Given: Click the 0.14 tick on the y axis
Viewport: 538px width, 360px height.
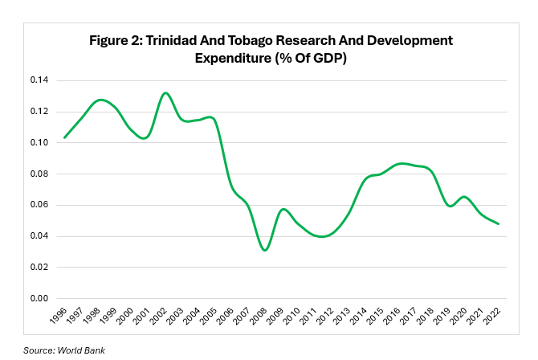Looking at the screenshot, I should point(38,80).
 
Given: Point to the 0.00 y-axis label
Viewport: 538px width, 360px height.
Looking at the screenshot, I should point(38,298).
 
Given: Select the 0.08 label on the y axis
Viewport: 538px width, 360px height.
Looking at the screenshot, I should point(38,174).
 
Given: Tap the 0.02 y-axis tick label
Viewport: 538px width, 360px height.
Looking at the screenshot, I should point(38,267).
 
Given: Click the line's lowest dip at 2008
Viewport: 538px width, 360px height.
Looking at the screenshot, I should point(265,251).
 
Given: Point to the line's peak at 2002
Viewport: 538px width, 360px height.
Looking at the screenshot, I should point(165,92).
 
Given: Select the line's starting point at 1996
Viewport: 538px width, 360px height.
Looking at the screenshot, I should point(64,137).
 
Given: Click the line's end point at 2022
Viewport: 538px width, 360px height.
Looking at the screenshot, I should point(499,223).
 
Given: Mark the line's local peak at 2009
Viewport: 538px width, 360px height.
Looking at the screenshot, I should point(283,209).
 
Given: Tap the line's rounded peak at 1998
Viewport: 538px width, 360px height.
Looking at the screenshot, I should point(99,100).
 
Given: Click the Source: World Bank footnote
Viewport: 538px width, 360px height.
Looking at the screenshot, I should point(64,350).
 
